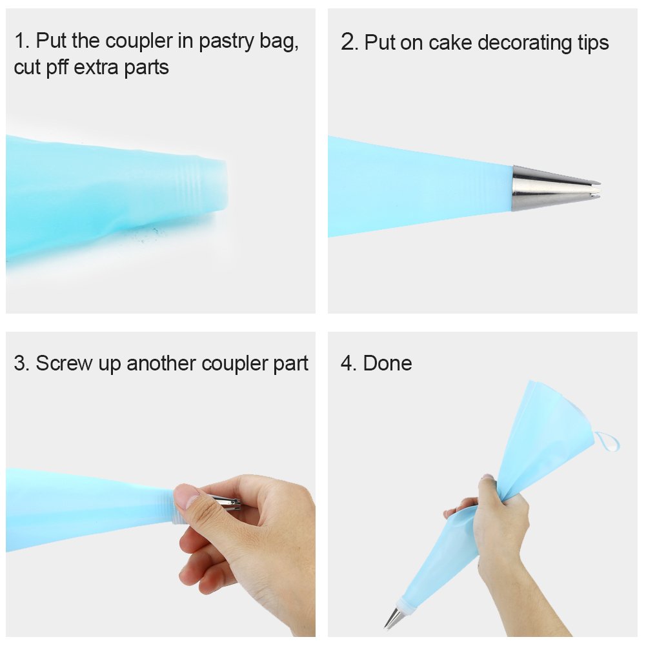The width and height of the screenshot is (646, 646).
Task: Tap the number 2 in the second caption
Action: point(348,43)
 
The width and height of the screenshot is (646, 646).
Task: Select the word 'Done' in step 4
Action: point(387,363)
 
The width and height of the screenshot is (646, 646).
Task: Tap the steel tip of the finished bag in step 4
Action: point(393,618)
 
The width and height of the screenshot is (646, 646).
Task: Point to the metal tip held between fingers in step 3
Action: point(226,502)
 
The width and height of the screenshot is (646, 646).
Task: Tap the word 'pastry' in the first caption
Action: point(230,41)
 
